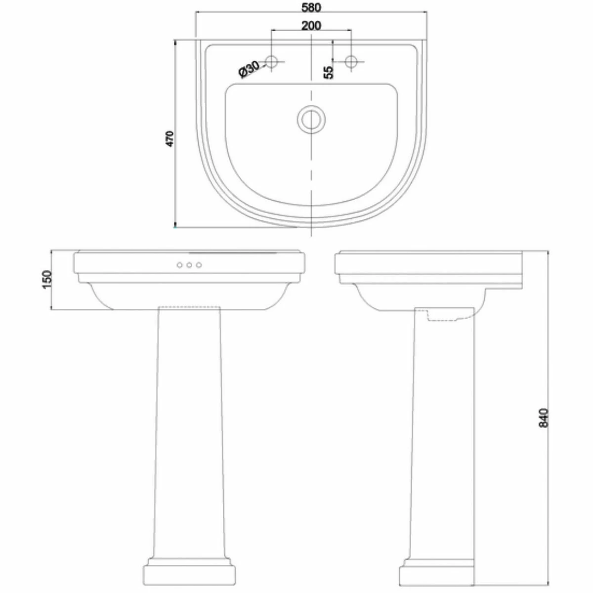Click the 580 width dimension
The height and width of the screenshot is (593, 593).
311,8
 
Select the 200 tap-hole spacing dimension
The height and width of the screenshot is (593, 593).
311,26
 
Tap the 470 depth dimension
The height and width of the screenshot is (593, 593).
170,139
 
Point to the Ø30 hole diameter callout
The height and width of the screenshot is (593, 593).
249,69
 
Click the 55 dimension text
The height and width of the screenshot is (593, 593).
329,72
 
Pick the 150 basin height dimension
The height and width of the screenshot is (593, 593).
47,279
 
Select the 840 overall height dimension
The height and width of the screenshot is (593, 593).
544,418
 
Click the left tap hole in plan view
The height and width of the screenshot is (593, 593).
271,62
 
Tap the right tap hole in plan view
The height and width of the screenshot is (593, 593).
351,62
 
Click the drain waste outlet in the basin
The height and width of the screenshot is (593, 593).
311,120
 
